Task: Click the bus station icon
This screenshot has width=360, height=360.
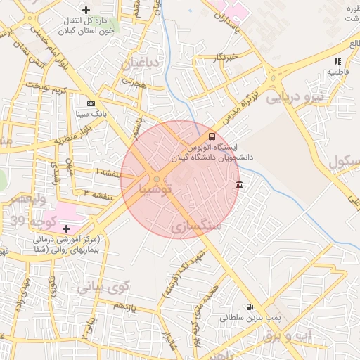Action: [x=212, y=136]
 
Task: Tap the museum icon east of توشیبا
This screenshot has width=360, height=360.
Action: [x=240, y=184]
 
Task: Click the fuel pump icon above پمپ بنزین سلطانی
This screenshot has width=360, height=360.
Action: [x=271, y=307]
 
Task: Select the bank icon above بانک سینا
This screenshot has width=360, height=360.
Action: [x=91, y=103]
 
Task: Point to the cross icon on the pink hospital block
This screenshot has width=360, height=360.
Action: [x=67, y=229]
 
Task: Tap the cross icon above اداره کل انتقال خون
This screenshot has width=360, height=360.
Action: [x=86, y=10]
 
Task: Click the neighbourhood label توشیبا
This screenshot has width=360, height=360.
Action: [x=155, y=188]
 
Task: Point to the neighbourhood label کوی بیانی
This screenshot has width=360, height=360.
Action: [x=104, y=287]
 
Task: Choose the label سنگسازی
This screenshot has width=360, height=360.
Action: [x=196, y=226]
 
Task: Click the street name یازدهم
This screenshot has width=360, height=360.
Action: [x=124, y=307]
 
